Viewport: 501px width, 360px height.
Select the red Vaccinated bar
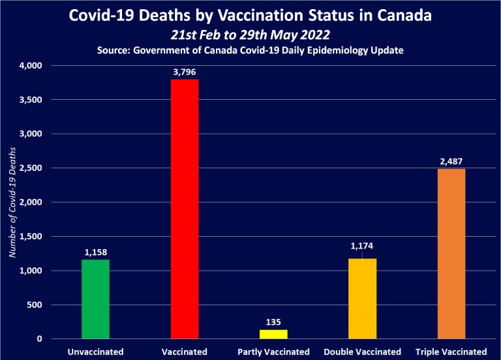185,209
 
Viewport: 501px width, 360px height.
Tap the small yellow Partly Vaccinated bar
273,334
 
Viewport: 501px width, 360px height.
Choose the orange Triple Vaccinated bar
451,254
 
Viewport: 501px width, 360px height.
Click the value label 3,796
185,72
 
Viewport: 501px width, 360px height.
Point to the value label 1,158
95,252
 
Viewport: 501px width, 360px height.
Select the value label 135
273,322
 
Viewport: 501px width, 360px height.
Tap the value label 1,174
362,247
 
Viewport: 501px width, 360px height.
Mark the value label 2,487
451,162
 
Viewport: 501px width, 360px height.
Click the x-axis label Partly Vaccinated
273,352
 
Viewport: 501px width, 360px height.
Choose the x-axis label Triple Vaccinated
451,352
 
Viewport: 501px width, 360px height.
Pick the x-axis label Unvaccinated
95,352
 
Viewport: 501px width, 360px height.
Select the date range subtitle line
250,35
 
